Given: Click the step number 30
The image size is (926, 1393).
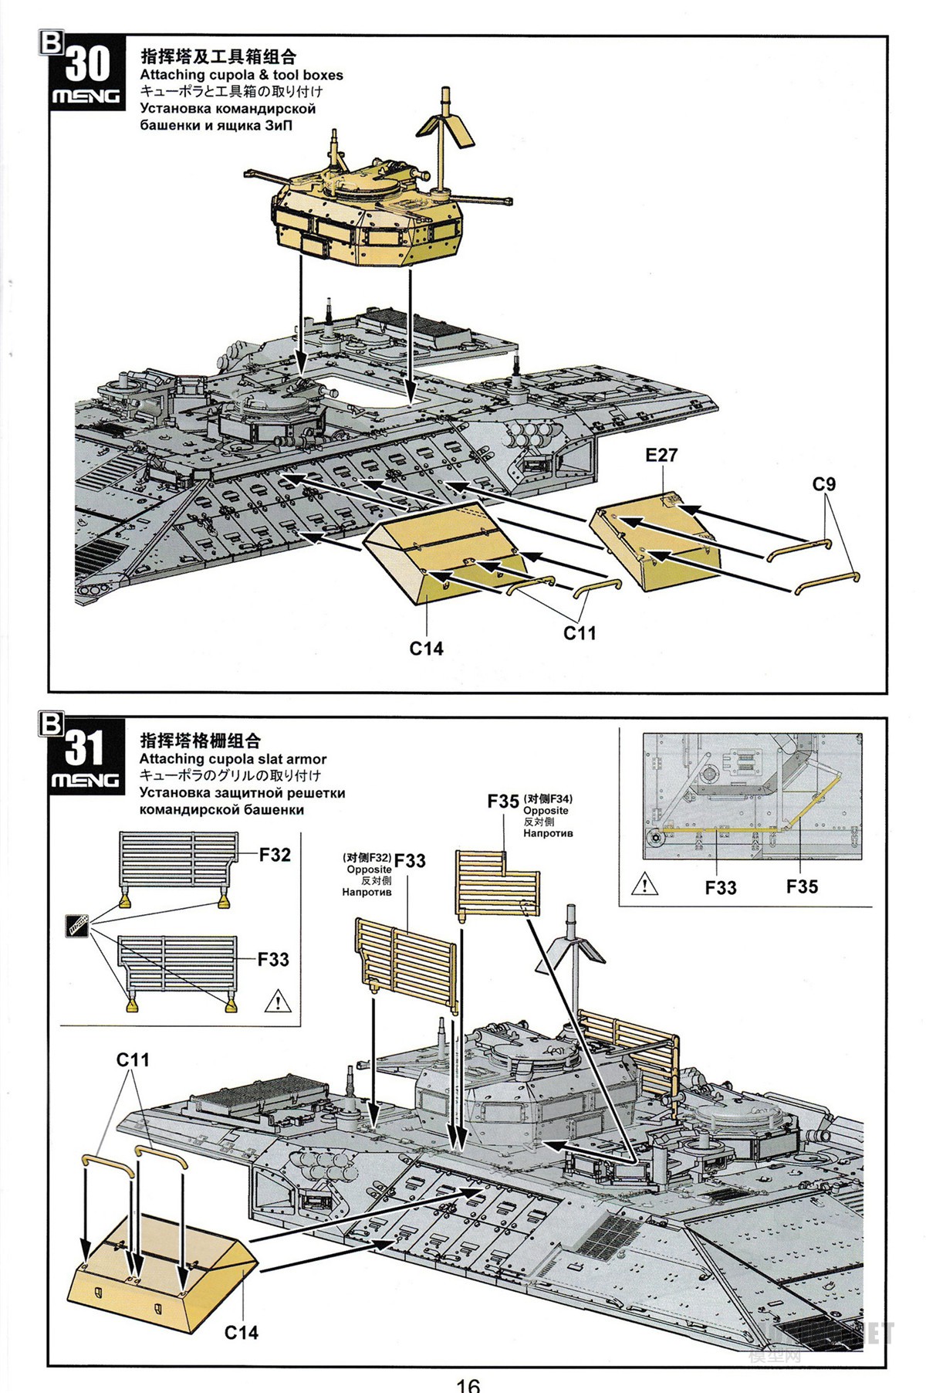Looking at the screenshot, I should click(87, 63).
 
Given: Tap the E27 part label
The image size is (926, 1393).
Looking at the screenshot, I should click(661, 456).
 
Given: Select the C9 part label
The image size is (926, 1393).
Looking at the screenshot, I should click(824, 485).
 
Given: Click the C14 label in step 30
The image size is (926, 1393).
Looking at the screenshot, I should click(426, 649).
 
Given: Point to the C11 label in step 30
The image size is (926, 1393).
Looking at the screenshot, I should click(580, 633).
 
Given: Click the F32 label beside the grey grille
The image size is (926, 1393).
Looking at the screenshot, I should click(275, 855).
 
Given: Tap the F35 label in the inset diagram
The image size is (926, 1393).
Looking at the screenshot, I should click(802, 886).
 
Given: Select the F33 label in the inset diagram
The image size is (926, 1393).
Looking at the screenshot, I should click(721, 888).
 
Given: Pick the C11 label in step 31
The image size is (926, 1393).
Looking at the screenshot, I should click(133, 1060).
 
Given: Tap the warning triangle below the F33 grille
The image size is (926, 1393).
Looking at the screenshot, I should click(275, 1003).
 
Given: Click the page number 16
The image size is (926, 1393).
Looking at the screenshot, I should click(468, 1383).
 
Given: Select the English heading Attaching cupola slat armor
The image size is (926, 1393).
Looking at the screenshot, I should click(232, 759).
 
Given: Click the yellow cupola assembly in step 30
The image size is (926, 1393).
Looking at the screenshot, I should click(367, 220).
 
